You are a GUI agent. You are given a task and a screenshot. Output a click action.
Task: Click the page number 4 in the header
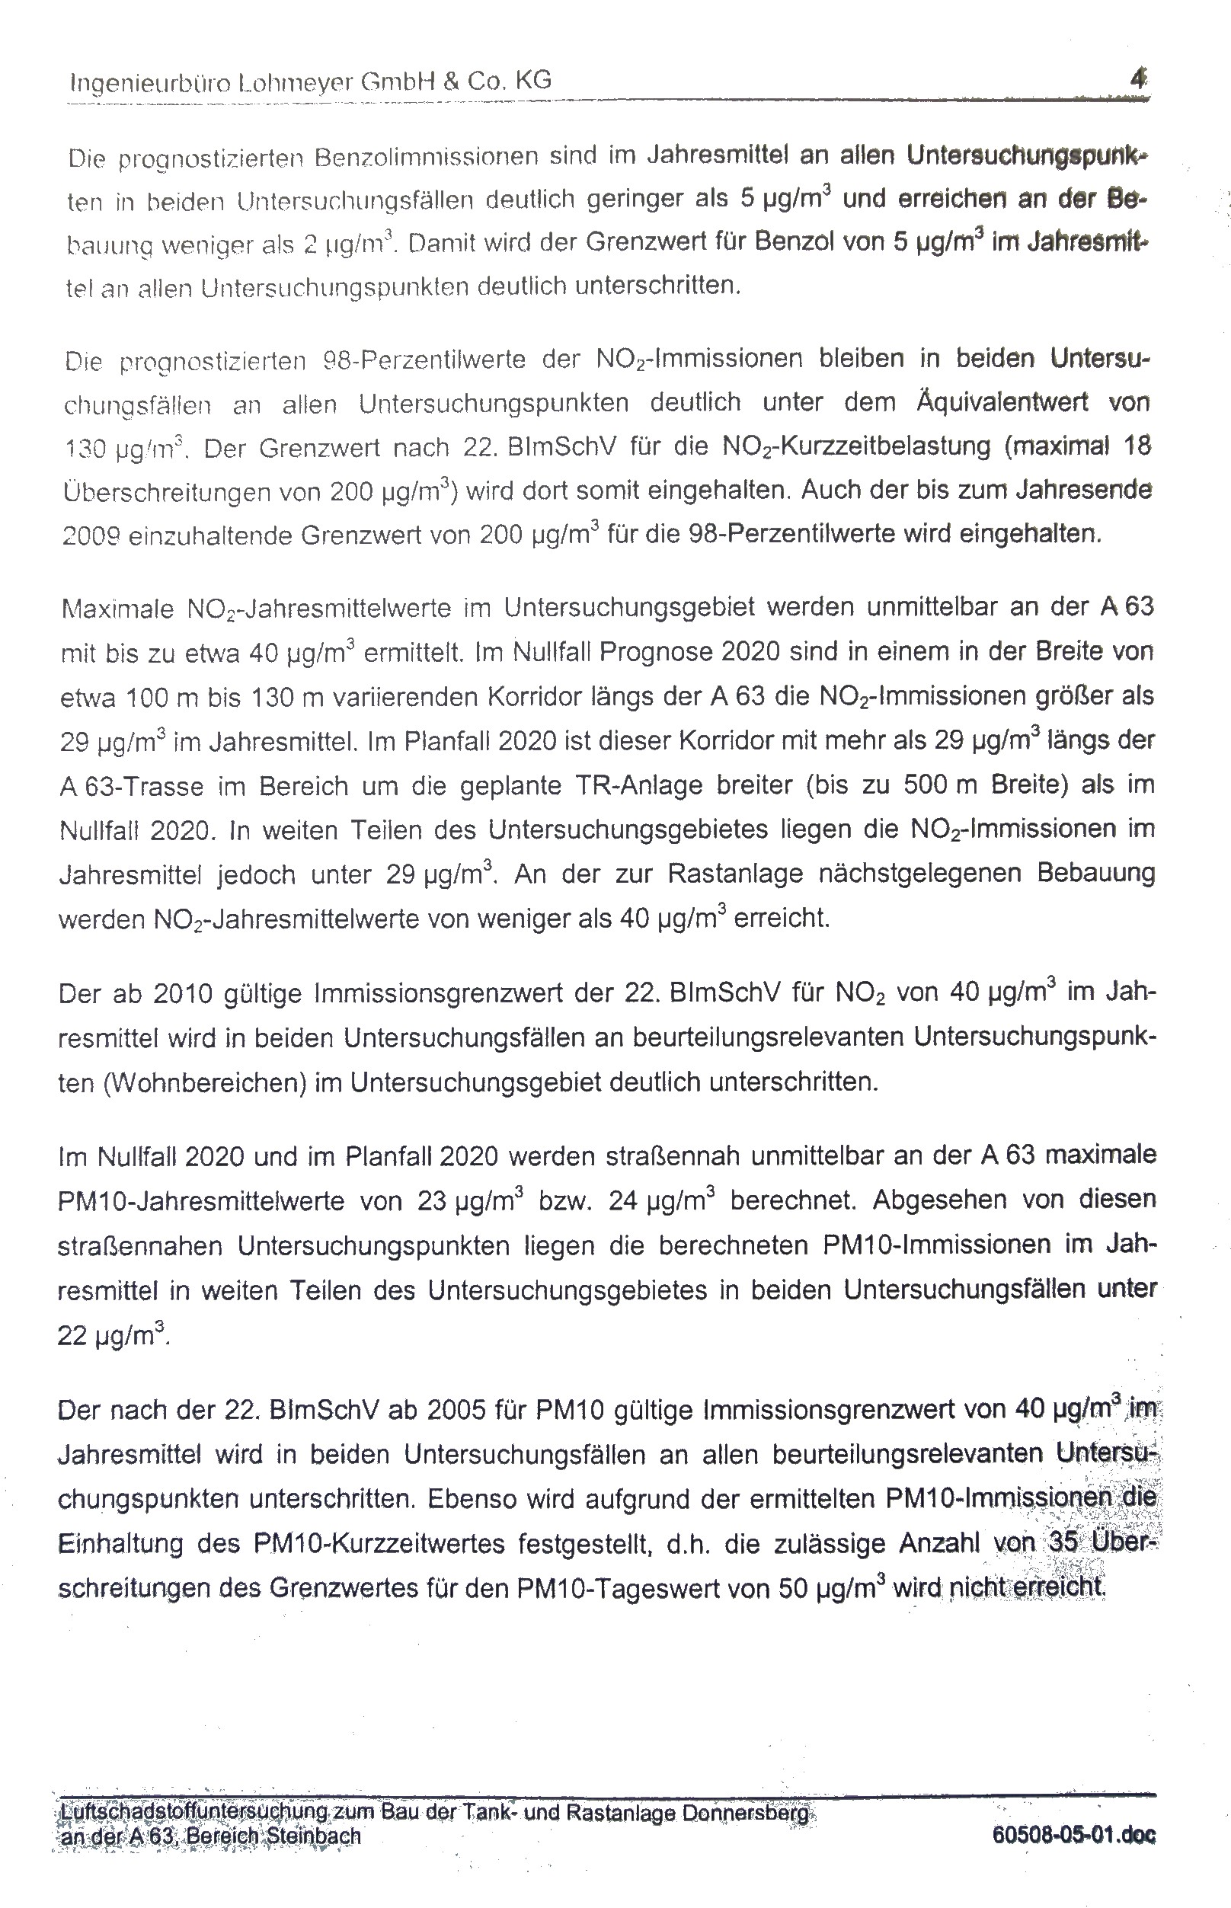click(1139, 79)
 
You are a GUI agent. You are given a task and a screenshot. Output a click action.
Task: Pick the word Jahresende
click(1083, 489)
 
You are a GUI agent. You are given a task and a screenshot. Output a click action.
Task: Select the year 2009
click(91, 535)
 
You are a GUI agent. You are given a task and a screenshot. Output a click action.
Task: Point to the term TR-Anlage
click(638, 786)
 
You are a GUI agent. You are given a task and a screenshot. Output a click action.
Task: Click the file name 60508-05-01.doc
click(1073, 1836)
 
